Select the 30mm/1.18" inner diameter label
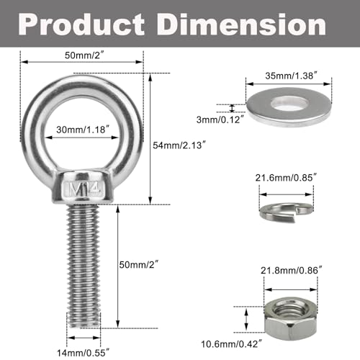[x=84, y=130]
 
